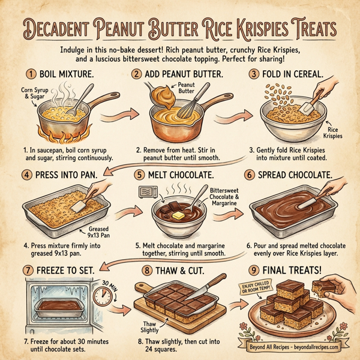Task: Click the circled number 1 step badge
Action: [x=29, y=76]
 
